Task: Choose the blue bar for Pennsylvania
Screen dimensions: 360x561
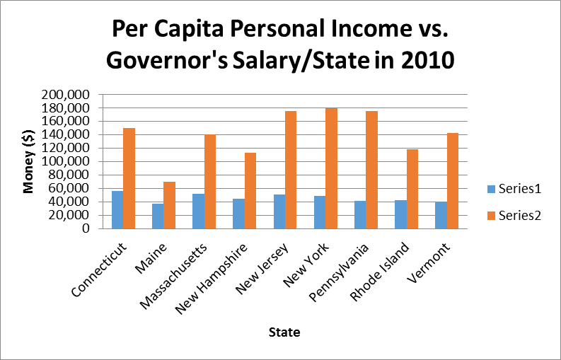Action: [x=360, y=214]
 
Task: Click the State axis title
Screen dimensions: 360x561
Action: [x=283, y=331]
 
